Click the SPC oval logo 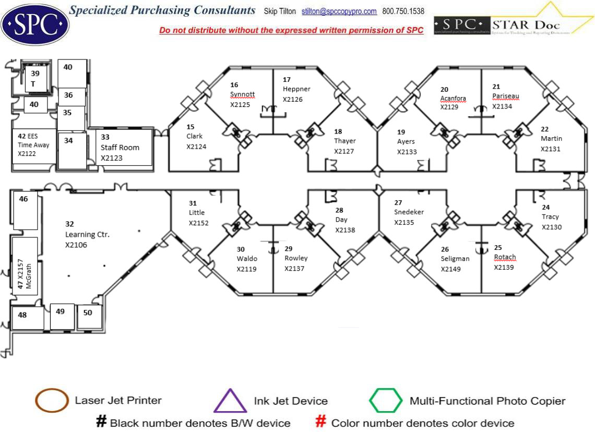click(x=35, y=23)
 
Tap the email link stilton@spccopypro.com click(x=339, y=11)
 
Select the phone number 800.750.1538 click(x=403, y=11)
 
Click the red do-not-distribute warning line click(x=291, y=30)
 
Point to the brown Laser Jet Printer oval click(x=52, y=401)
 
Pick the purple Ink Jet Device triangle click(x=230, y=401)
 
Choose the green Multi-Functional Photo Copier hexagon click(x=386, y=401)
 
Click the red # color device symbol click(x=322, y=422)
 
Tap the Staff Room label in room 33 click(x=120, y=147)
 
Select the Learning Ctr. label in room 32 click(x=87, y=235)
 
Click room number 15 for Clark click(x=191, y=127)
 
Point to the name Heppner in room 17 click(x=296, y=89)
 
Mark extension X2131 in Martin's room click(x=551, y=149)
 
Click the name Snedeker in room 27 click(x=409, y=212)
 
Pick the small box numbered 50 click(x=88, y=313)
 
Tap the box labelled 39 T click(x=35, y=78)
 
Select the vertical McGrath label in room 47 click(x=29, y=276)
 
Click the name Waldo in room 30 click(x=246, y=259)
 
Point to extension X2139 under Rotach click(x=504, y=267)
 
